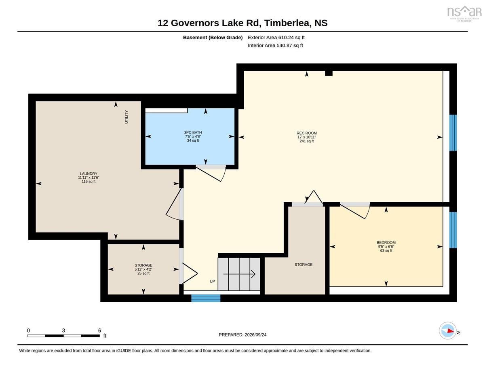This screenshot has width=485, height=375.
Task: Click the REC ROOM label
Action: click(306, 133)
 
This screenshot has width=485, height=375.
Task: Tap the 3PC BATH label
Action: click(193, 132)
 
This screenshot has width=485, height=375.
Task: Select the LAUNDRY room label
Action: click(89, 174)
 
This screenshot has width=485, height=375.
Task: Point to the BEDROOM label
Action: click(386, 243)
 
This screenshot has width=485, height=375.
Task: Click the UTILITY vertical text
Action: click(127, 117)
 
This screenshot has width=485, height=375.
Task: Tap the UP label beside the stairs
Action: click(212, 281)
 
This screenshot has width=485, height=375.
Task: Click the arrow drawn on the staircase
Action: click(239, 274)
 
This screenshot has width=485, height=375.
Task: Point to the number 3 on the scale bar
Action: click(63, 331)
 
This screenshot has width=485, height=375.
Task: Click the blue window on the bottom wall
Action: click(206, 298)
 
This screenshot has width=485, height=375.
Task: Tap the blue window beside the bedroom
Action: click(453, 230)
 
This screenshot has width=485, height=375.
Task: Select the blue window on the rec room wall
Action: click(453, 133)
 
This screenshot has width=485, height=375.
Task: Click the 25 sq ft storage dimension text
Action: click(143, 273)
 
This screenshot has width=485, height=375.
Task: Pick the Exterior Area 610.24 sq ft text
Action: click(276, 38)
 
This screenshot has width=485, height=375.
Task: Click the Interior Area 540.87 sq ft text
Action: click(275, 46)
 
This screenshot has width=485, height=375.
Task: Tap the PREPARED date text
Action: click(242, 335)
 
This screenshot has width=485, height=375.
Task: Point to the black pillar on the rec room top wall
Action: click(329, 73)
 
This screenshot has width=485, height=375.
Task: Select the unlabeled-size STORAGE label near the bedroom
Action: click(303, 265)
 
